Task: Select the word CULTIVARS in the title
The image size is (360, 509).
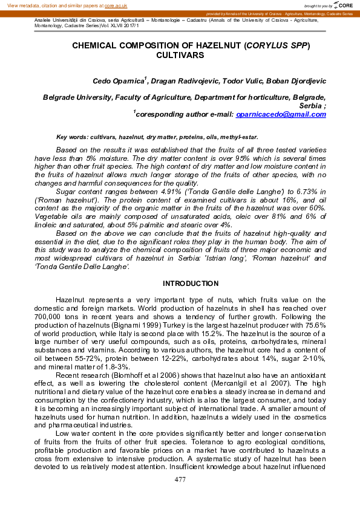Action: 180,54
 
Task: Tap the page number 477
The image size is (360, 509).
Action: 180,479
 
